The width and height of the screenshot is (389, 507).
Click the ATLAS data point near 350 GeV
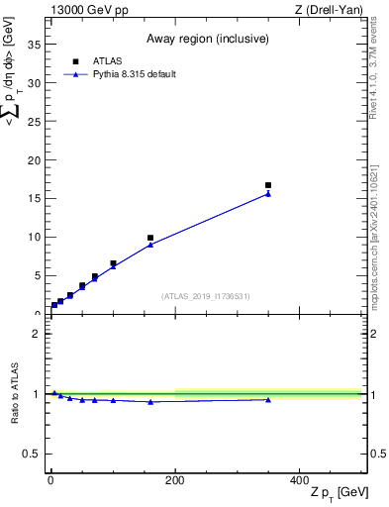(268, 185)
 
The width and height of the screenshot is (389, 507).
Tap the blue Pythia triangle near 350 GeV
(268, 194)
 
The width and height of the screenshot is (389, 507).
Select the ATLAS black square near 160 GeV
(150, 238)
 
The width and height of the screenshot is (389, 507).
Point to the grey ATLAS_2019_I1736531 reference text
(205, 296)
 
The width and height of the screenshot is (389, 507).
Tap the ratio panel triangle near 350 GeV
(268, 399)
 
